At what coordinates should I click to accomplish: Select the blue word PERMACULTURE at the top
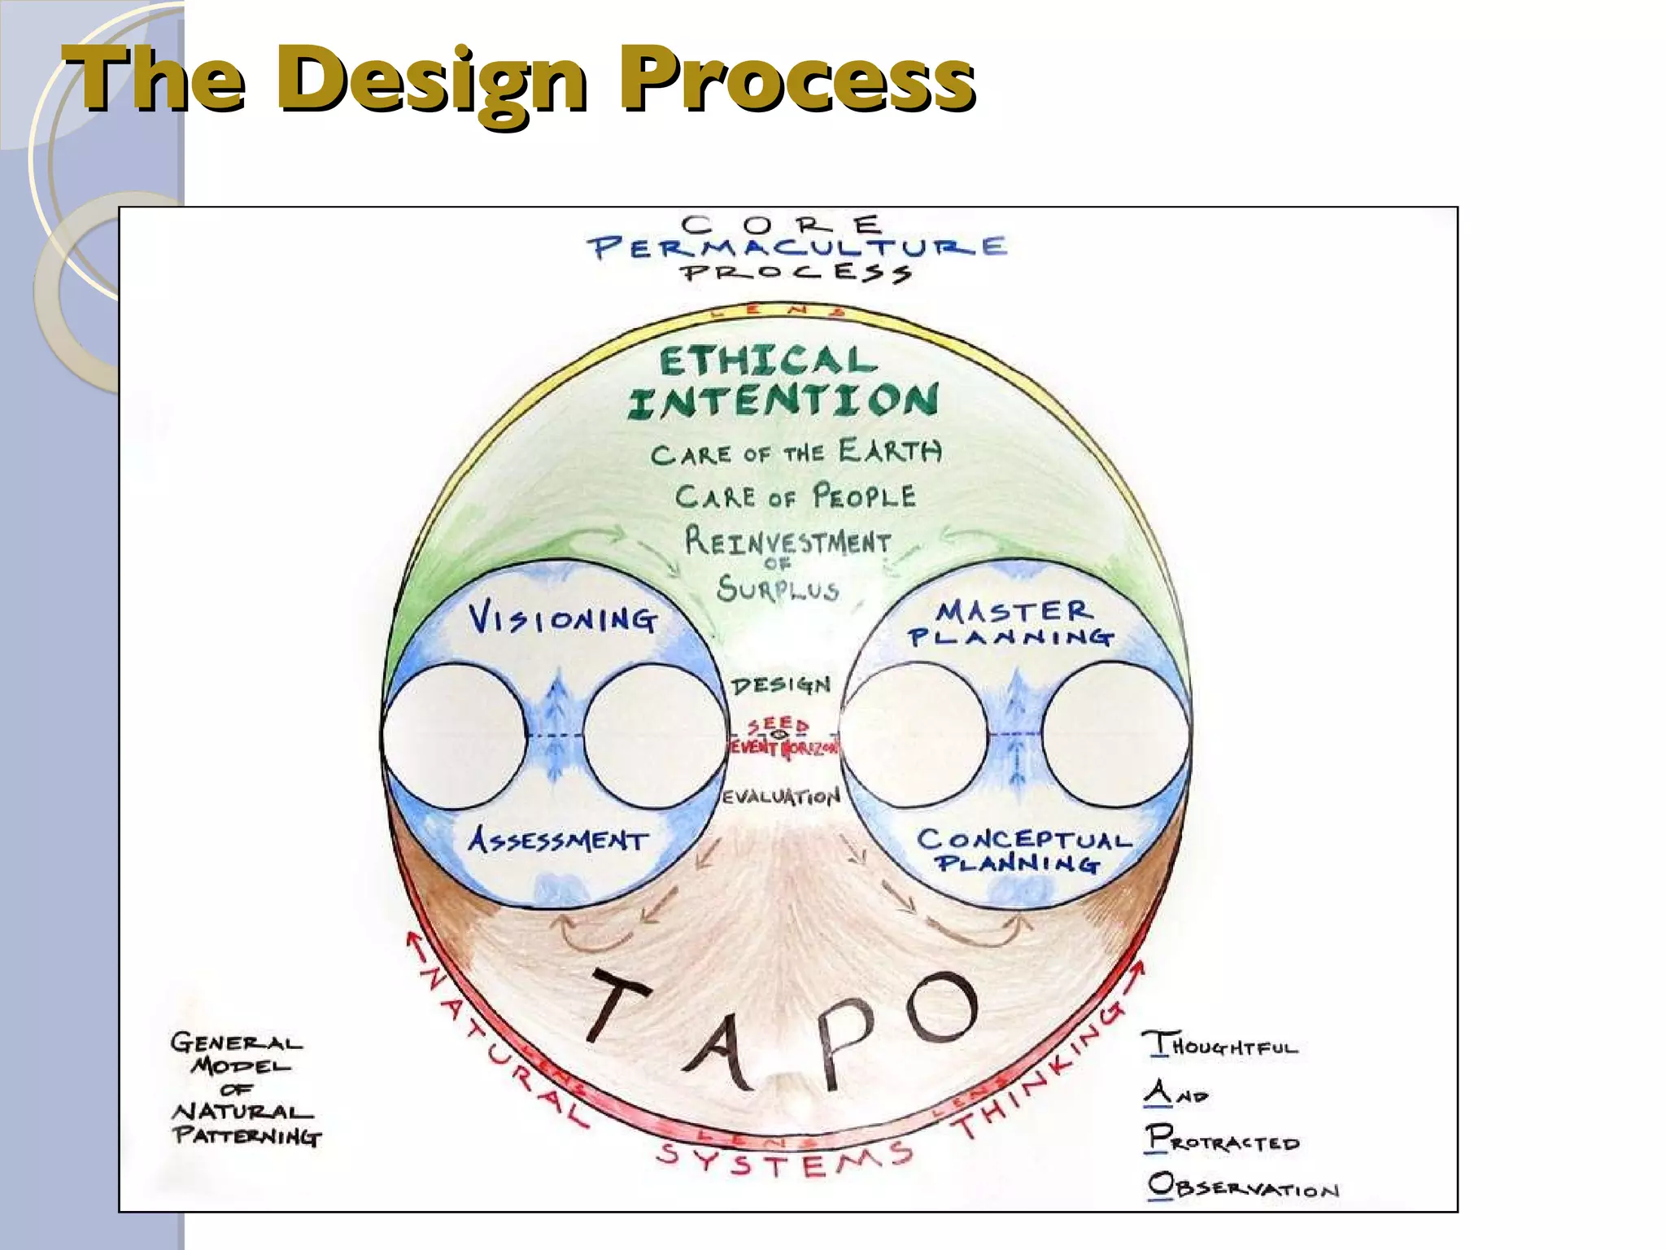pyautogui.click(x=798, y=247)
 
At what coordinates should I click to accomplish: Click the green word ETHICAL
pyautogui.click(x=767, y=361)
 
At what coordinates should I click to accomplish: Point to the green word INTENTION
pyautogui.click(x=783, y=401)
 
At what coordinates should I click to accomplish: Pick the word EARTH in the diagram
pyautogui.click(x=890, y=451)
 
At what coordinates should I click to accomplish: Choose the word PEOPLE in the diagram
pyautogui.click(x=865, y=496)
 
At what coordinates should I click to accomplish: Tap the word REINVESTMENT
pyautogui.click(x=787, y=541)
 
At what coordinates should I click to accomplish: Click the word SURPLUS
pyautogui.click(x=778, y=588)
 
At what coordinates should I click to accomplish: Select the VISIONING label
pyautogui.click(x=562, y=620)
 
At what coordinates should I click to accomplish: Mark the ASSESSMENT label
pyautogui.click(x=558, y=840)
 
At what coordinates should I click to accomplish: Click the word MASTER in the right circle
pyautogui.click(x=1014, y=611)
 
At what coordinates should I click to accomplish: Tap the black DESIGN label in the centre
pyautogui.click(x=781, y=685)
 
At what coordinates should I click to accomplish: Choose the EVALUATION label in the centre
pyautogui.click(x=782, y=796)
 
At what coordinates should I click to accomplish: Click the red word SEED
pyautogui.click(x=778, y=725)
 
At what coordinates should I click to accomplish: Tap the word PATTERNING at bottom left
pyautogui.click(x=247, y=1136)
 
